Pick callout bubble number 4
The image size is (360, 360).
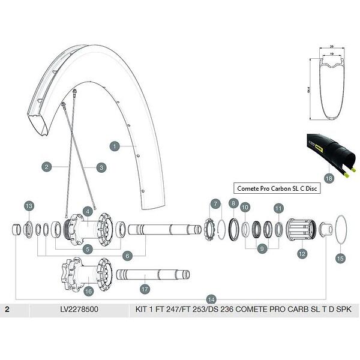[x=88, y=211]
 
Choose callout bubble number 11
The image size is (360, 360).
[x=278, y=208]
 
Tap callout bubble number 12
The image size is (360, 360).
[x=302, y=254]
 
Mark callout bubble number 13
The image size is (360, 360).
[x=29, y=206]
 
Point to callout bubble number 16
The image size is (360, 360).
[x=89, y=291]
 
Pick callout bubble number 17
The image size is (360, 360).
[x=145, y=289]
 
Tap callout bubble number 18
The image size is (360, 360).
[x=328, y=178]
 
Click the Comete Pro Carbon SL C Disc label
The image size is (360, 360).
[x=277, y=188]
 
